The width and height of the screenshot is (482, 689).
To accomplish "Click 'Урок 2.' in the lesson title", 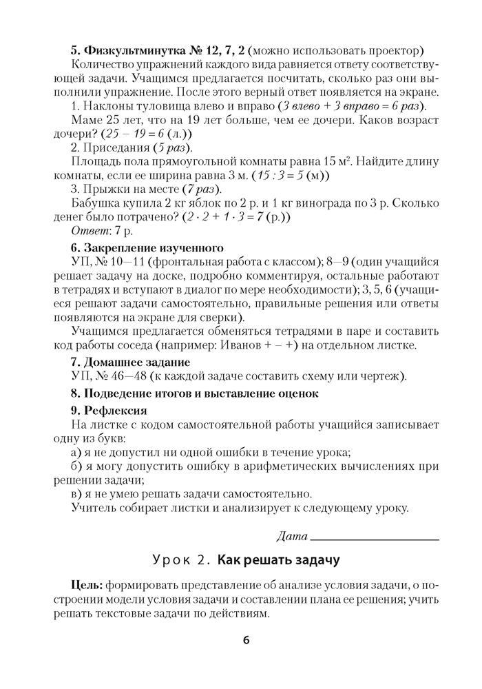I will tap(181, 559).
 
